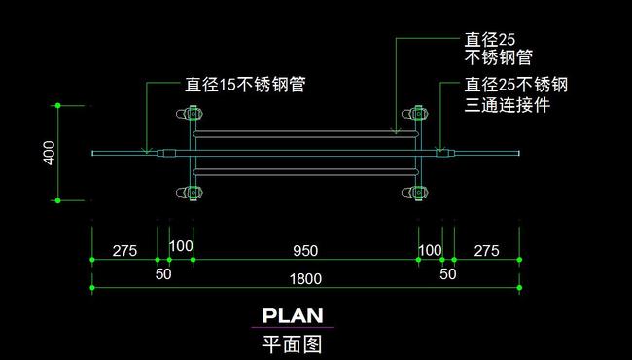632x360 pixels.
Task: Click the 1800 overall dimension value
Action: [306, 279]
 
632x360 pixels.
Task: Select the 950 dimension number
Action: [306, 251]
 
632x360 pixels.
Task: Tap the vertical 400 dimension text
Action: [50, 153]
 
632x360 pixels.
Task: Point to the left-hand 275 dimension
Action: [124, 251]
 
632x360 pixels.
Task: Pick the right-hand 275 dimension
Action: [486, 251]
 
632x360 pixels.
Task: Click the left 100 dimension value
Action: [182, 246]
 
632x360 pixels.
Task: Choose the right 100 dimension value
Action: [430, 251]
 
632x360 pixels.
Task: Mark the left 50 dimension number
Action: [163, 274]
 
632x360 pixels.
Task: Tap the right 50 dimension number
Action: [447, 274]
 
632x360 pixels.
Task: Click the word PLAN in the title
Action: [293, 315]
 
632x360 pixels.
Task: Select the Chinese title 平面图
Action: [292, 342]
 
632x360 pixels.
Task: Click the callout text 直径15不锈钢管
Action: [245, 85]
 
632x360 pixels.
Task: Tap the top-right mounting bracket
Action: [418, 114]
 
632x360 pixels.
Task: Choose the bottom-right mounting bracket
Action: [418, 192]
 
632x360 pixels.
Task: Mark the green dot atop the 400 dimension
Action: [58, 104]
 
